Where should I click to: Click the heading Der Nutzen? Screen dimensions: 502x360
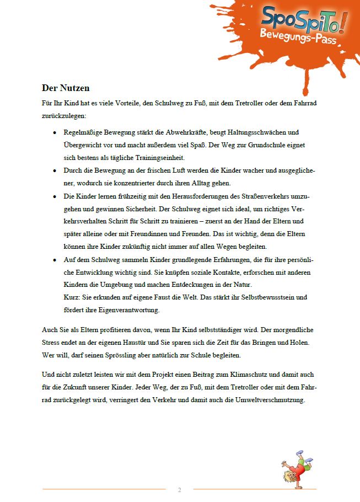(x=66, y=88)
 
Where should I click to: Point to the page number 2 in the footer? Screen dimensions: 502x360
(x=179, y=489)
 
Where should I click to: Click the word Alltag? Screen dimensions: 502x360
(x=225, y=183)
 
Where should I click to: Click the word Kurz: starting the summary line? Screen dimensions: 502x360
(x=73, y=297)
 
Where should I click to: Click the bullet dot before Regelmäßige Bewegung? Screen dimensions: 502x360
(x=53, y=133)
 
